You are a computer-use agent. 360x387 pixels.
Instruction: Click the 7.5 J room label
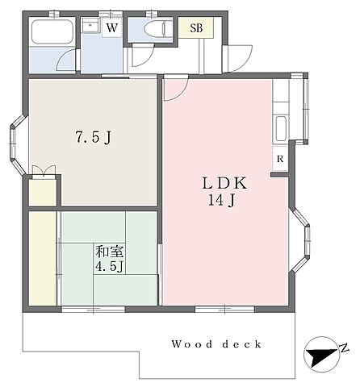click(x=93, y=138)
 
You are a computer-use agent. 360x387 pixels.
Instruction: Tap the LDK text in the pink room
click(x=224, y=183)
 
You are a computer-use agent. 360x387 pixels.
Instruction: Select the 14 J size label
click(x=222, y=200)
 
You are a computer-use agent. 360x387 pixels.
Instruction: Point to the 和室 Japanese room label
click(x=110, y=252)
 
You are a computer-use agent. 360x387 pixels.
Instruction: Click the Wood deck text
click(x=216, y=344)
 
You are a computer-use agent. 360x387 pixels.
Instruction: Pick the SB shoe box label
click(x=196, y=27)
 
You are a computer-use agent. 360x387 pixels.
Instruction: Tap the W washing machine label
click(x=112, y=27)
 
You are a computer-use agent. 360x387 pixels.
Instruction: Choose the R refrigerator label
click(x=280, y=159)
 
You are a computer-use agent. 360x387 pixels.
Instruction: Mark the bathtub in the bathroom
click(x=52, y=31)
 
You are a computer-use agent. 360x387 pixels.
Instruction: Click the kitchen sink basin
click(x=281, y=128)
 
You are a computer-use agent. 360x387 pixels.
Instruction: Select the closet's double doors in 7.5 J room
click(x=44, y=170)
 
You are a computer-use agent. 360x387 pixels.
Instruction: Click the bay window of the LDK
click(x=300, y=240)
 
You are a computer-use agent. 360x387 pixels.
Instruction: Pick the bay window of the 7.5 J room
click(x=18, y=145)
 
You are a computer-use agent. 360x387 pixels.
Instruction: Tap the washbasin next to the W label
click(x=90, y=25)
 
